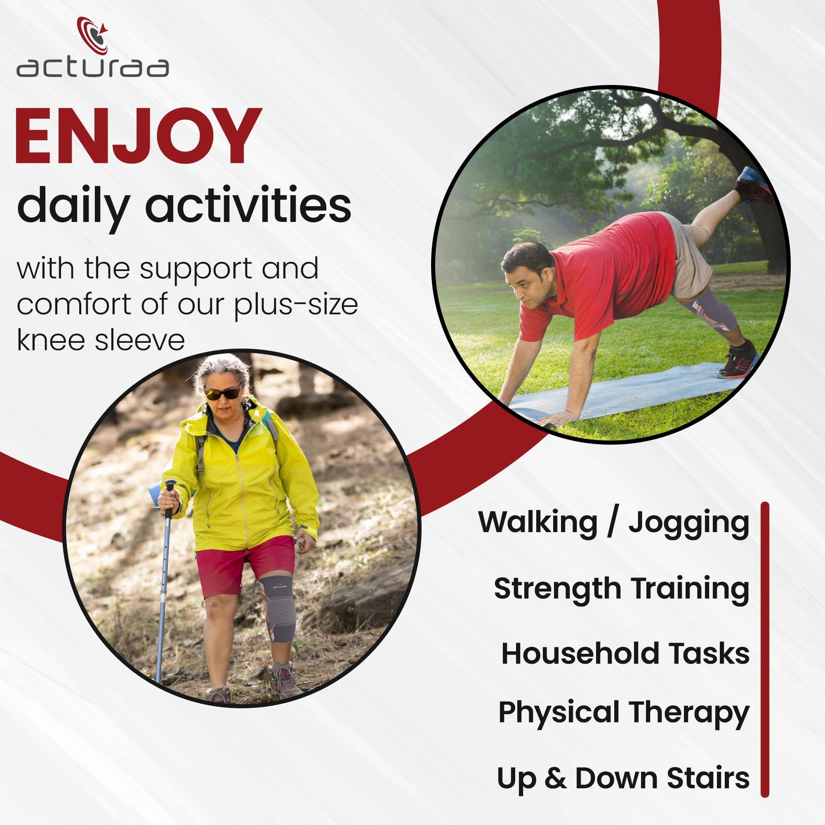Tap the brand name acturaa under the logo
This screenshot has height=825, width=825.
tap(93, 68)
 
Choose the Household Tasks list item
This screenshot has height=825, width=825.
tap(625, 654)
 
